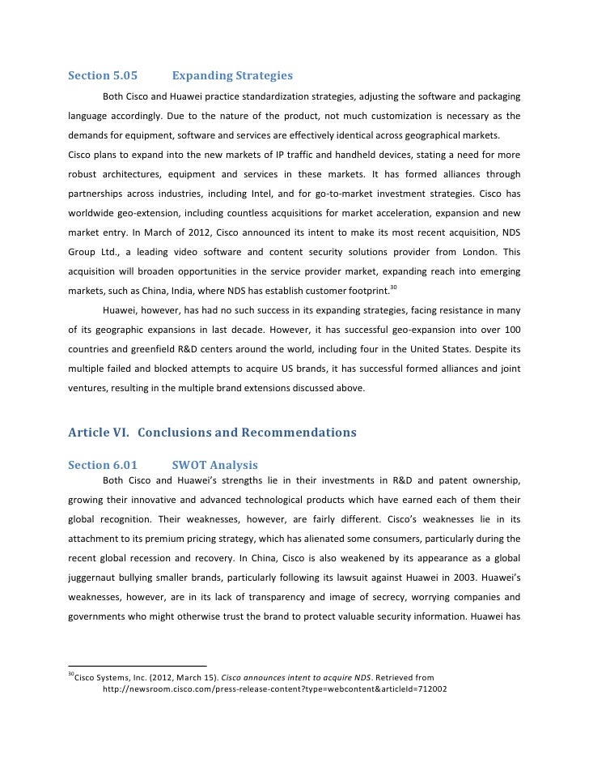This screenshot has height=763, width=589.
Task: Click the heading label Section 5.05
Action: [102, 76]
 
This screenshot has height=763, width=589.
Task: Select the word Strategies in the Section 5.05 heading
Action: [261, 76]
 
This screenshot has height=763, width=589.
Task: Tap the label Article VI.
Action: [98, 433]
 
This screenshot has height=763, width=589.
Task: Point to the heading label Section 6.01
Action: [102, 466]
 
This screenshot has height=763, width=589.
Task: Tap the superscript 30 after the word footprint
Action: [392, 288]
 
